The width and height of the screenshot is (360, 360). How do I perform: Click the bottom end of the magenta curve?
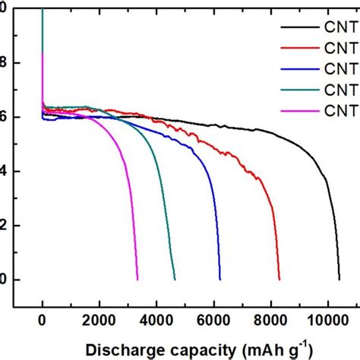click(137, 279)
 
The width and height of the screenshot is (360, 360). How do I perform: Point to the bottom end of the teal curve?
click(175, 279)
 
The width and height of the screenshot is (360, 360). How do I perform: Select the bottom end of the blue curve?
click(220, 279)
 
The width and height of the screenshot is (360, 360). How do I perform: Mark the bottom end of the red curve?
click(279, 279)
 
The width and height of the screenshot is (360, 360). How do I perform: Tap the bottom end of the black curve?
click(339, 279)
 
